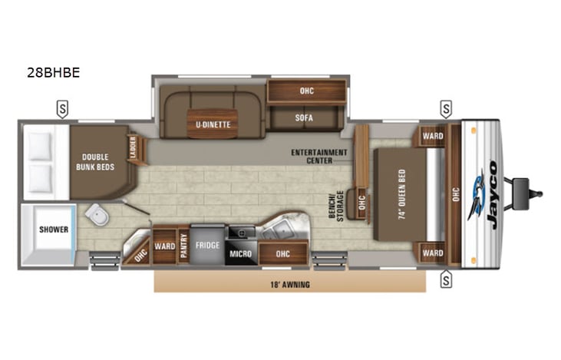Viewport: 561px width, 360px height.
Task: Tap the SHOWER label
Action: [x=54, y=230]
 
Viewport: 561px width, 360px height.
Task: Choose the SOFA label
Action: [x=305, y=118]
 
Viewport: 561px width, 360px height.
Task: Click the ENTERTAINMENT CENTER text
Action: [x=319, y=156]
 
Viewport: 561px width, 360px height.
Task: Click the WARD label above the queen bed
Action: [x=433, y=137]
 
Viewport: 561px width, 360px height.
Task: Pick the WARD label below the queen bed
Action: [x=433, y=253]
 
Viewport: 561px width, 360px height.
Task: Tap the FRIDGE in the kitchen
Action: [x=207, y=246]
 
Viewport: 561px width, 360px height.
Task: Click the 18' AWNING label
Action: [x=289, y=282]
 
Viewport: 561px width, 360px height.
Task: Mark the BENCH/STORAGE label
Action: [x=335, y=203]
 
